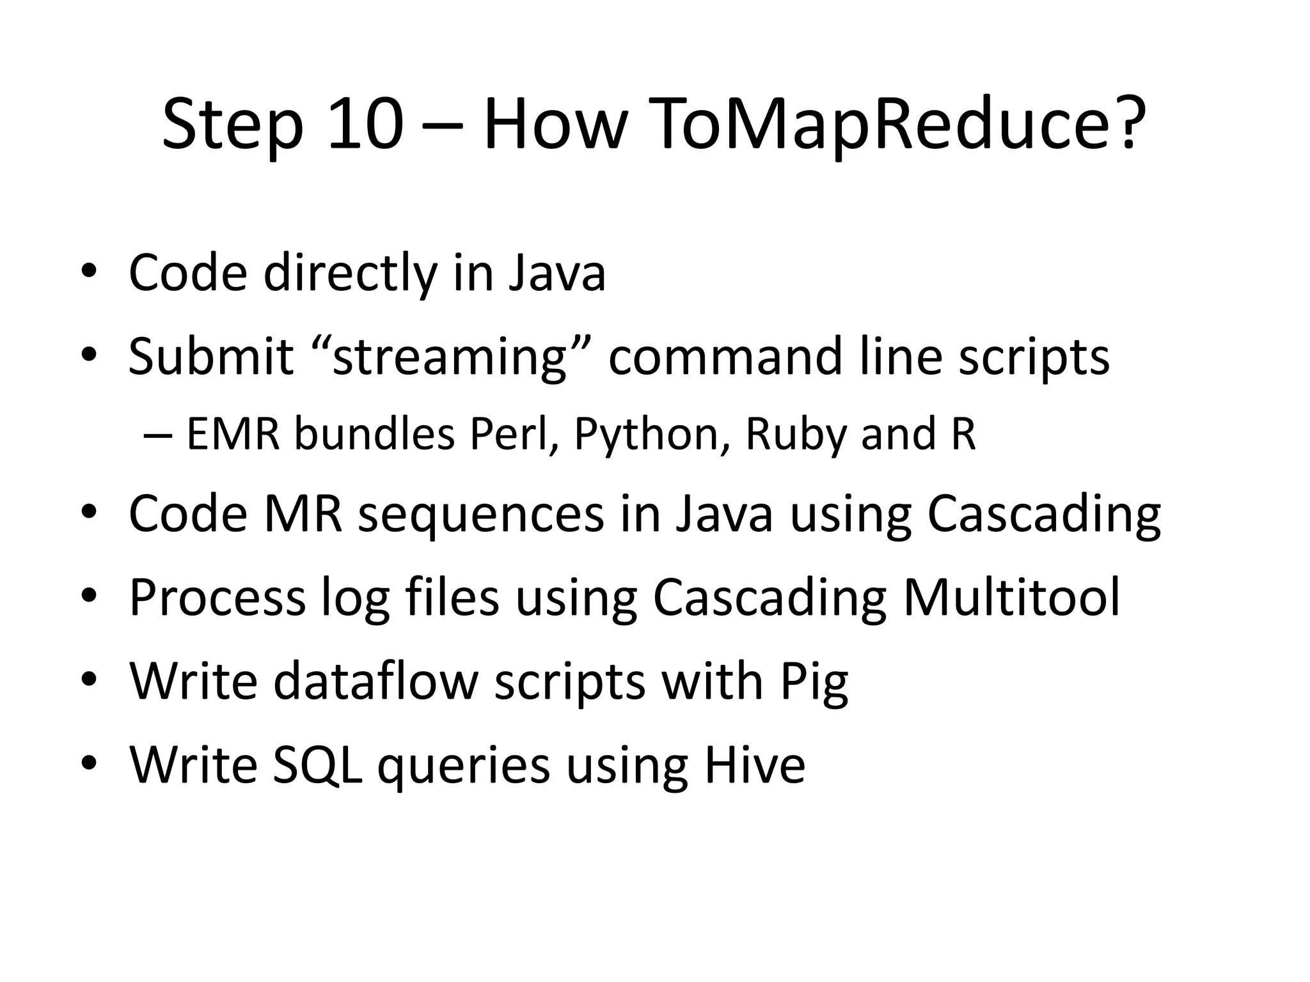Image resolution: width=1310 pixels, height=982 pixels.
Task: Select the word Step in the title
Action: click(x=232, y=124)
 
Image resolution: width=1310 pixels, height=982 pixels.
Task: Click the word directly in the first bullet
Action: click(x=350, y=274)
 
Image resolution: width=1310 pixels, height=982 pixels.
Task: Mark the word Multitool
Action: click(x=1011, y=597)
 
